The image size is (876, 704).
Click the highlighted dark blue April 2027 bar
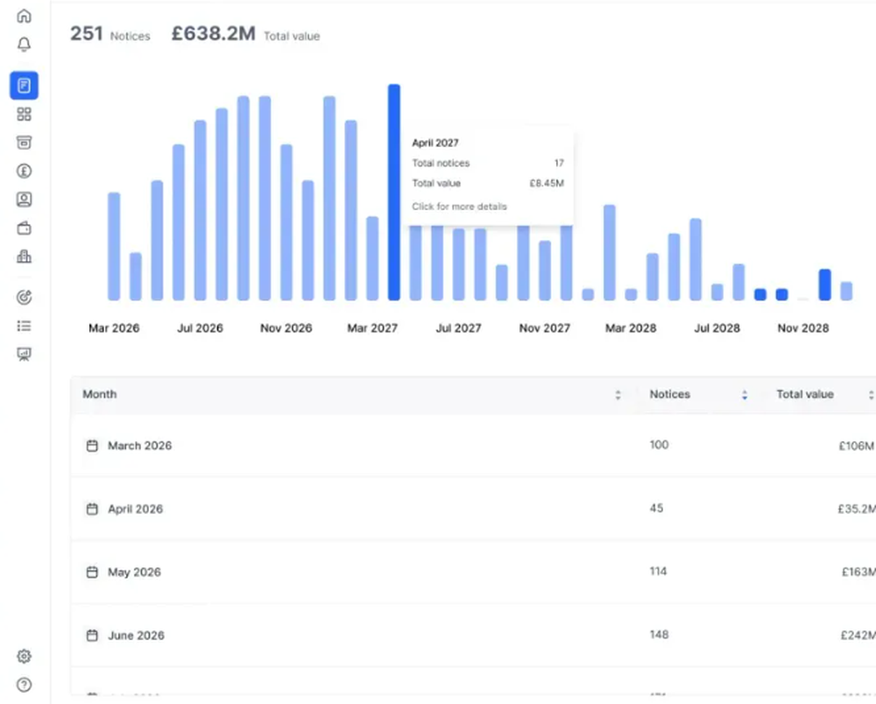[x=394, y=193]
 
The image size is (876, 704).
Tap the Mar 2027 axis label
[x=372, y=328]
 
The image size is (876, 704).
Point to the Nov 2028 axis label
[x=802, y=328]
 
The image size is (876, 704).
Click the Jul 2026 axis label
[x=200, y=328]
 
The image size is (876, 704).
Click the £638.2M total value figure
[x=213, y=34]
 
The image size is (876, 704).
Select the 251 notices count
[x=87, y=34]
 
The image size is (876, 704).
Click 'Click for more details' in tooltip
[x=459, y=207]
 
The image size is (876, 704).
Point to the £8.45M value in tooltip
[x=547, y=184]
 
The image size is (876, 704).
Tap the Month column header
[x=100, y=395]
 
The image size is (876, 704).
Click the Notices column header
[x=669, y=395]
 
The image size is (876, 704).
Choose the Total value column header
[x=804, y=395]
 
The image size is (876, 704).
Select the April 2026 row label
[x=135, y=509]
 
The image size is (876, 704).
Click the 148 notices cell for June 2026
[x=659, y=635]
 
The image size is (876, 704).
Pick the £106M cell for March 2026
[x=856, y=446]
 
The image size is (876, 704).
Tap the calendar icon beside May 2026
[x=92, y=573]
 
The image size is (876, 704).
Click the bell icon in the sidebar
[x=25, y=45]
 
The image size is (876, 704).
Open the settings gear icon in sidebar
[x=25, y=657]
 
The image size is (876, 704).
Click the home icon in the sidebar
[x=25, y=16]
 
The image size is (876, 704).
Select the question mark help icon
[x=25, y=685]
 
